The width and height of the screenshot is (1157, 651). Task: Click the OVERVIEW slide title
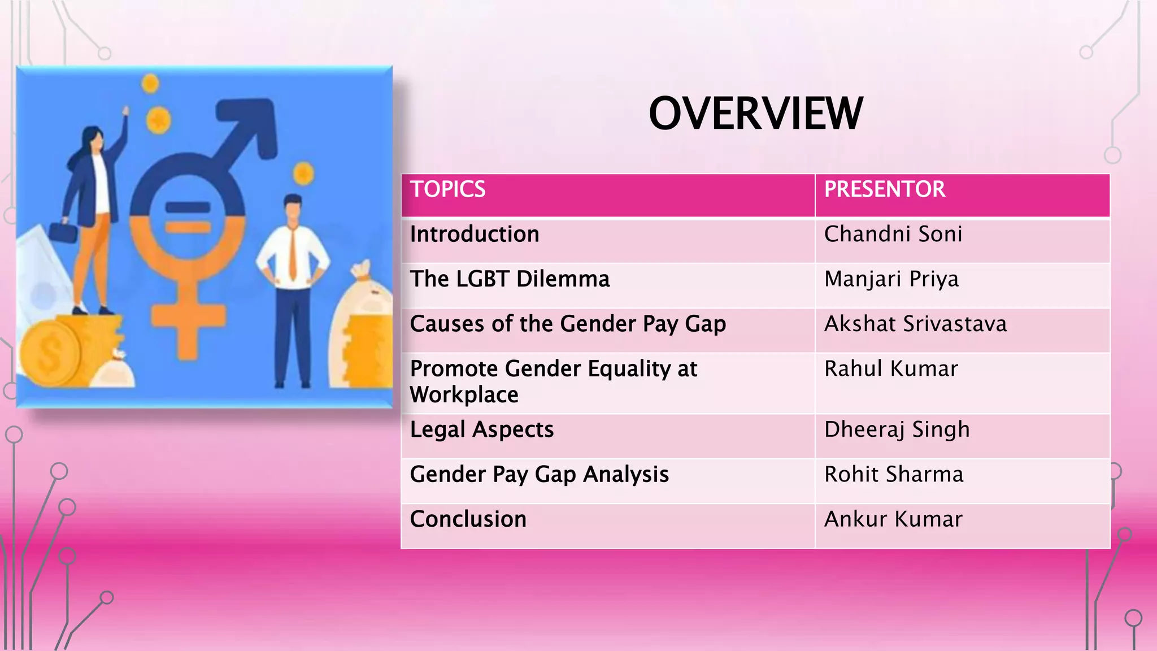coord(755,114)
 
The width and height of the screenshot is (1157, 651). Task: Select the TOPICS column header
coord(447,189)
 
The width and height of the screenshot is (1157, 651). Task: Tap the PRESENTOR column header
coord(884,189)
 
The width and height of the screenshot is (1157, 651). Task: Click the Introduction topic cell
coord(475,235)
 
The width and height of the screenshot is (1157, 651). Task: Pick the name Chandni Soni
coord(893,235)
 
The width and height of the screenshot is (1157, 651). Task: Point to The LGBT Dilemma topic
coord(510,279)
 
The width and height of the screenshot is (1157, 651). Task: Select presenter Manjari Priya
coord(891,279)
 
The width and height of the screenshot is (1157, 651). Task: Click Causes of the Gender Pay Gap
coord(568,324)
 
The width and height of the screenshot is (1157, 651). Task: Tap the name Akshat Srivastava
coord(915,324)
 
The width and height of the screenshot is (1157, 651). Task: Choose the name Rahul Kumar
coord(891,369)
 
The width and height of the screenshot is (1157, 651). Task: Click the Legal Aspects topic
coord(481,430)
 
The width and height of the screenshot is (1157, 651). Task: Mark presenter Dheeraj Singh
coord(897,430)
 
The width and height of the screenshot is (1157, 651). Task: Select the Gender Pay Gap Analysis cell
coord(539,475)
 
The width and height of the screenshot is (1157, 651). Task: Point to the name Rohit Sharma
coord(893,475)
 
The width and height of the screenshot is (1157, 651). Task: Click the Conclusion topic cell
coord(468,519)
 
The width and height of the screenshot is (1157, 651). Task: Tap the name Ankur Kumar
coord(893,519)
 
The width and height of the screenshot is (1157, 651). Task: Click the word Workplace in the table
coord(464,395)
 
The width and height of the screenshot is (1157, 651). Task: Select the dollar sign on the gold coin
coord(50,355)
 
